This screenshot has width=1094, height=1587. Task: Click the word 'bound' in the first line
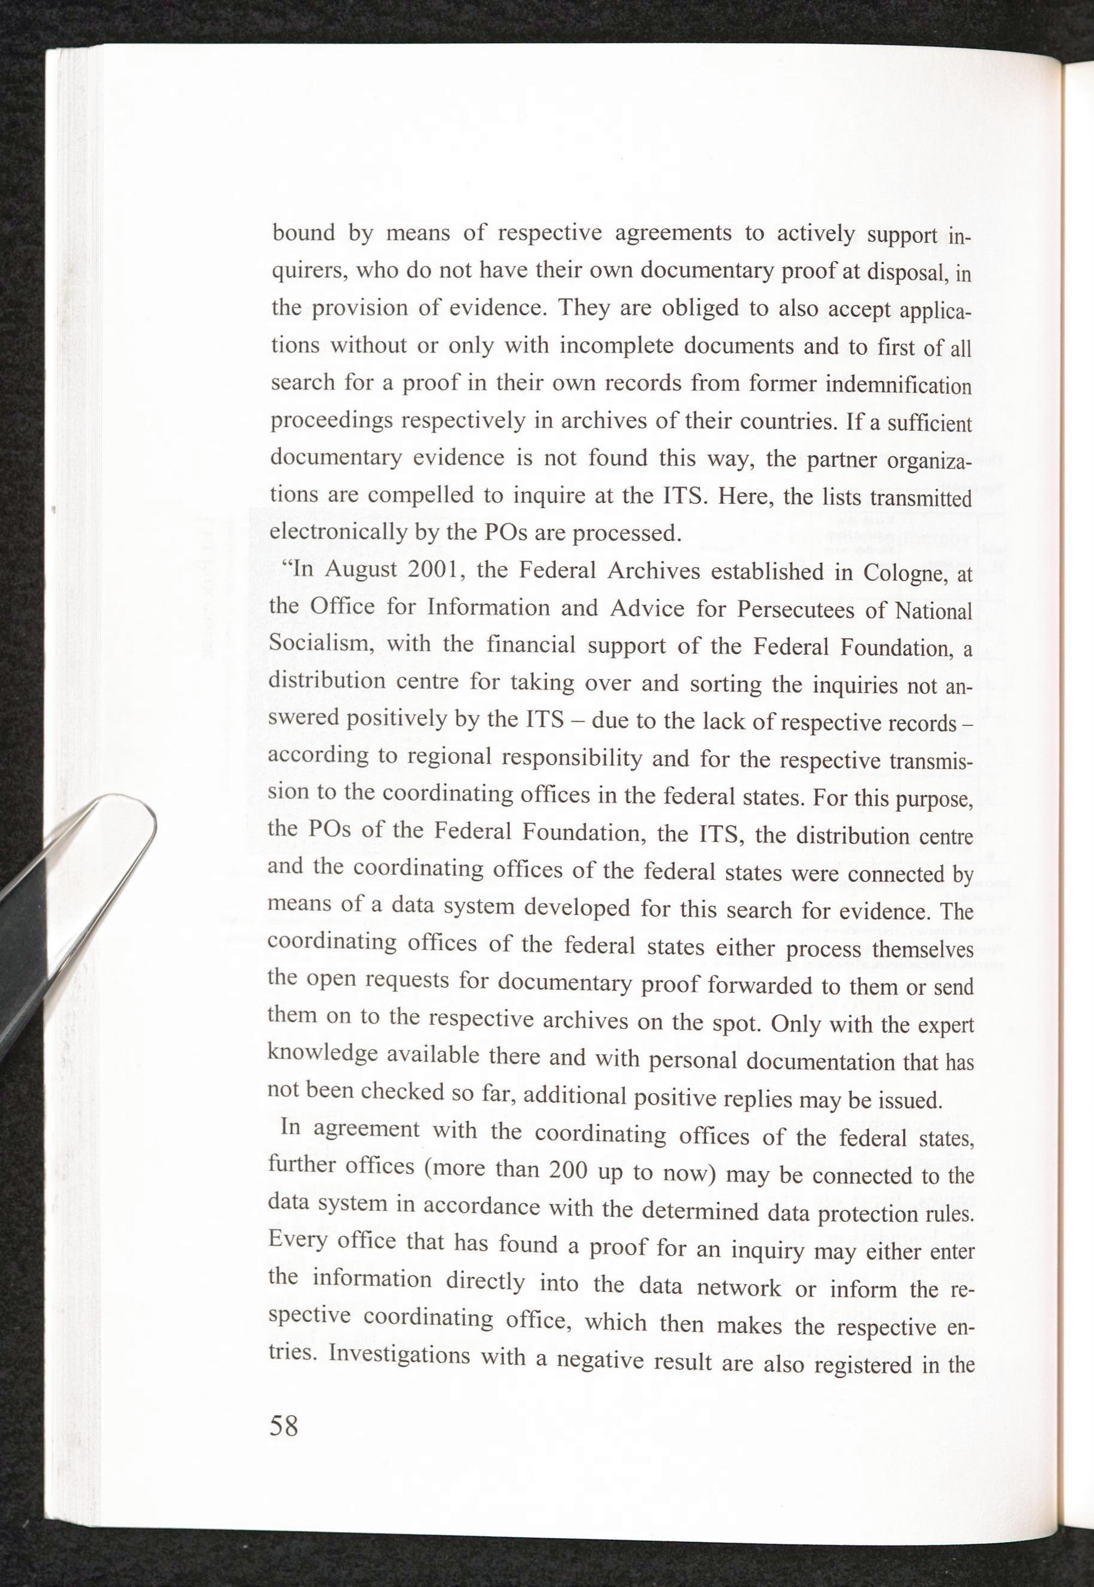coord(303,234)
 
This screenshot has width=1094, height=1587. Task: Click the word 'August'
coord(362,569)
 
